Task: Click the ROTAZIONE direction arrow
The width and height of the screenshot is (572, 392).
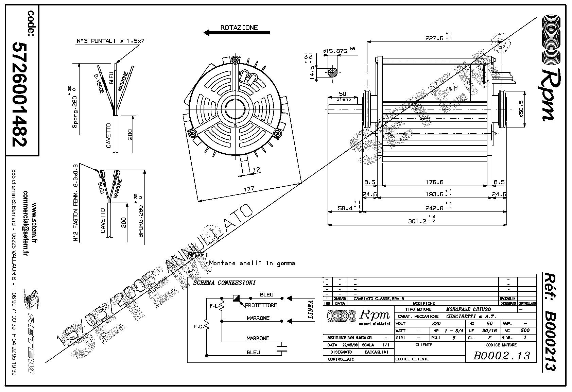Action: pyautogui.click(x=237, y=33)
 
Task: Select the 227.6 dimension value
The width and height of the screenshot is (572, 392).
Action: pyautogui.click(x=435, y=38)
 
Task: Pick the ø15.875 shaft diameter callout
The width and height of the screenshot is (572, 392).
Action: pyautogui.click(x=335, y=51)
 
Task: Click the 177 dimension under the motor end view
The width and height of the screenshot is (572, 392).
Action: pyautogui.click(x=249, y=189)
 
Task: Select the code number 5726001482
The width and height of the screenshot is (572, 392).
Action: pyautogui.click(x=19, y=94)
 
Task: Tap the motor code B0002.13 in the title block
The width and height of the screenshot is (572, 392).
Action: pyautogui.click(x=501, y=356)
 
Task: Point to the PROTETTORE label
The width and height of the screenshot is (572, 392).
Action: pyautogui.click(x=261, y=305)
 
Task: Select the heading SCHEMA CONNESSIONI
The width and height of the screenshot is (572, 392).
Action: pyautogui.click(x=224, y=283)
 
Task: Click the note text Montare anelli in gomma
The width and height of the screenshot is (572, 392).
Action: pyautogui.click(x=252, y=263)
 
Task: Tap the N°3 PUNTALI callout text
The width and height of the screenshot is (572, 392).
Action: pyautogui.click(x=110, y=41)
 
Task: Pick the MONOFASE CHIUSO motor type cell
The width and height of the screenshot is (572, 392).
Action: pyautogui.click(x=468, y=309)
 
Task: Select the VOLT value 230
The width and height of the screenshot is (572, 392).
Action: pyautogui.click(x=436, y=324)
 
